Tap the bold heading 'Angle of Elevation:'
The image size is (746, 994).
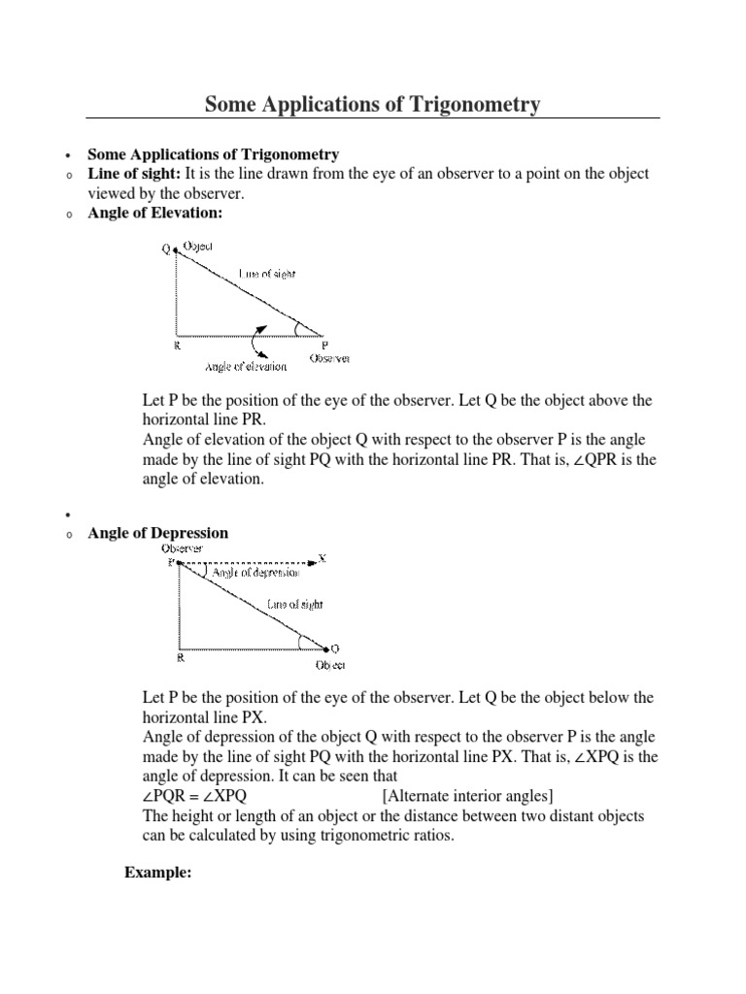pos(149,213)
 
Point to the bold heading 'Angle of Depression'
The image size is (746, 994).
pos(158,533)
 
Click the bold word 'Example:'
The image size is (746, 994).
pos(157,873)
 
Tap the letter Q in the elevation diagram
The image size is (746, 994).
pos(166,249)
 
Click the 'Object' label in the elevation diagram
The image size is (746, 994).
pos(197,248)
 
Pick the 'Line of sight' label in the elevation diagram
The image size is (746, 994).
pos(259,275)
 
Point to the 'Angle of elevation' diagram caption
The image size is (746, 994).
pos(246,366)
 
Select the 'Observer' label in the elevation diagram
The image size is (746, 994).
pos(329,358)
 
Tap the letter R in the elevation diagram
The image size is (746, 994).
pos(177,345)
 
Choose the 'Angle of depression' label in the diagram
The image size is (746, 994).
pos(254,574)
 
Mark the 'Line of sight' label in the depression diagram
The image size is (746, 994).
pos(294,604)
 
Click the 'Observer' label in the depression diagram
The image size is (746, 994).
pos(182,548)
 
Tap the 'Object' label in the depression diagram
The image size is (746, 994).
pos(329,665)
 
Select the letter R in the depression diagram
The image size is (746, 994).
pos(179,657)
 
